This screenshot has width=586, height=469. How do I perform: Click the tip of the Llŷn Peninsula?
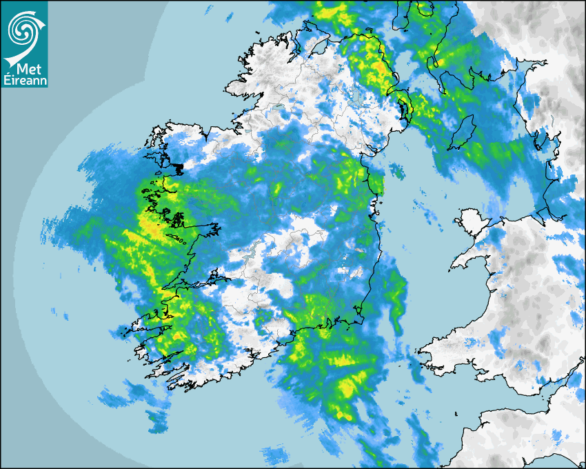[x=454, y=266]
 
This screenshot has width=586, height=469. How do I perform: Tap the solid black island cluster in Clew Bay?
[x=179, y=167]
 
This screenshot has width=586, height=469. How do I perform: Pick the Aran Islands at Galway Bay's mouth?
[x=183, y=241]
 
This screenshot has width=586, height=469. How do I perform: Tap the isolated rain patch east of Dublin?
[x=396, y=170]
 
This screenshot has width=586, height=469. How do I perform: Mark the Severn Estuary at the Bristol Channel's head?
[x=576, y=376]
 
